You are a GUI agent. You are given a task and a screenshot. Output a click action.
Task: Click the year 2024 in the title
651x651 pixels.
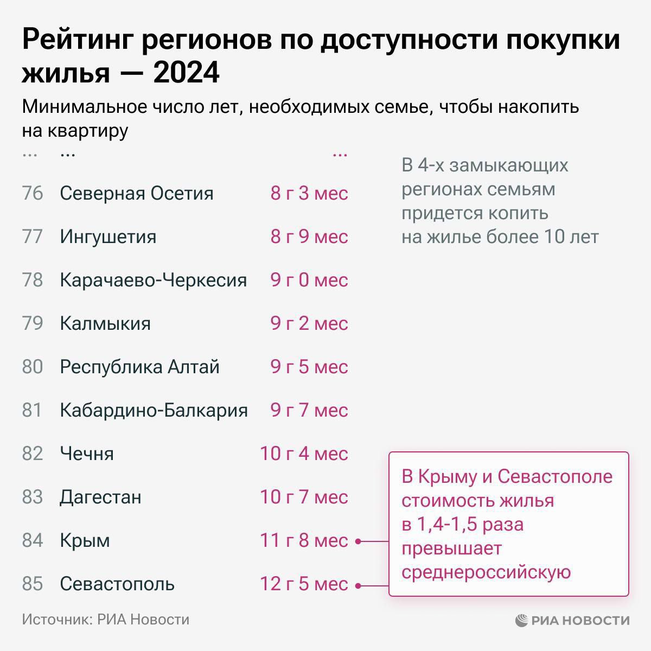tap(186, 73)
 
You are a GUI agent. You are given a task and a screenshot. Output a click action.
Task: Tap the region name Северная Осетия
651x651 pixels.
tap(137, 193)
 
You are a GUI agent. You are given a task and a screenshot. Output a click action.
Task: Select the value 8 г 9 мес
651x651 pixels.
tap(309, 237)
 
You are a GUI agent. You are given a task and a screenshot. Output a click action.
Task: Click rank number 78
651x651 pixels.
tap(33, 280)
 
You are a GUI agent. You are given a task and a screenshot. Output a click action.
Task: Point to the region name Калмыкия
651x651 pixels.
tap(105, 323)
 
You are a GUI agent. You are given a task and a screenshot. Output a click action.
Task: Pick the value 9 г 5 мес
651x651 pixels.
tap(309, 367)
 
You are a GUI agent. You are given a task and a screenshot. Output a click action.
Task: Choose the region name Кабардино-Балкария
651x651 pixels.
tap(154, 410)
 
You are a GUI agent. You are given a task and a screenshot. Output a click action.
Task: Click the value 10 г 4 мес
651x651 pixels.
tap(304, 454)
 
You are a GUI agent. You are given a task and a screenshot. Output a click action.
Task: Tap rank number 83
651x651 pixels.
tap(33, 497)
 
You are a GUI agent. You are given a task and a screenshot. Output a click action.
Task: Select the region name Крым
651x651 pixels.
tap(85, 540)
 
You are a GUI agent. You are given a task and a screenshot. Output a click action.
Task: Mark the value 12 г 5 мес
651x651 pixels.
tap(304, 584)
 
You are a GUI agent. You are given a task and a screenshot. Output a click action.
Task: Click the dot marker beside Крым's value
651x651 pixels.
tap(358, 541)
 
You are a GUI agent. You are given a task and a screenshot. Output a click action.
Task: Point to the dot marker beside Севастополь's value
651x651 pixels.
tap(358, 585)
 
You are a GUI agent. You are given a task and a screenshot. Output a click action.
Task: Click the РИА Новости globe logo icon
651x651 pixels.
tap(521, 620)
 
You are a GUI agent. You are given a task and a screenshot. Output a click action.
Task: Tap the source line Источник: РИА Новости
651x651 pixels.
tap(106, 620)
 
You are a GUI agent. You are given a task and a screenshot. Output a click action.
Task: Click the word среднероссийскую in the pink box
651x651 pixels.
tap(486, 572)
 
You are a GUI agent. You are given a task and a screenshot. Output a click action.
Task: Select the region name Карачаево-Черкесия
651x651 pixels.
tap(154, 280)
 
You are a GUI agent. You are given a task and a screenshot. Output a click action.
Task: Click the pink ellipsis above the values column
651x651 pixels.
tap(340, 154)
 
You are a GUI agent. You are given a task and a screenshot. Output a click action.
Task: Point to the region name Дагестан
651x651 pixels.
tap(100, 497)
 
